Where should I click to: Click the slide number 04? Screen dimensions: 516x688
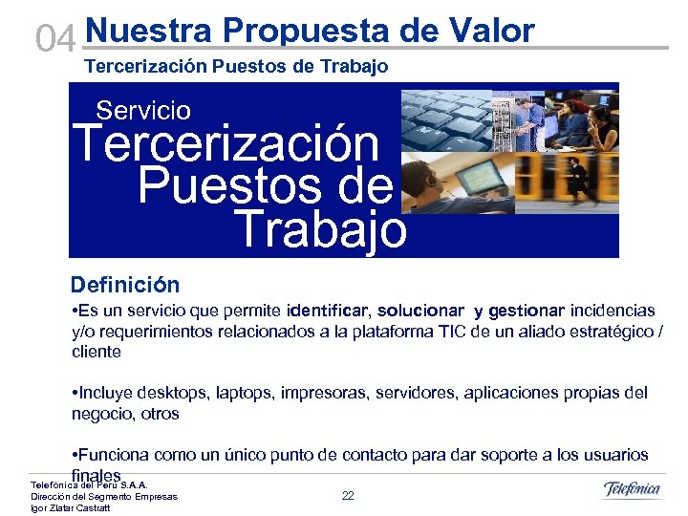click(x=54, y=39)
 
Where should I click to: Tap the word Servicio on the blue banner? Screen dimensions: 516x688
click(x=143, y=111)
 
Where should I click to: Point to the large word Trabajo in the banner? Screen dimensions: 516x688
click(x=320, y=230)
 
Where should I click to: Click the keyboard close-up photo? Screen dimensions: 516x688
click(x=445, y=118)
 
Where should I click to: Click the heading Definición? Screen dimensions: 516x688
click(x=125, y=285)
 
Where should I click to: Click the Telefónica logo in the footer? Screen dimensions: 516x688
click(x=632, y=490)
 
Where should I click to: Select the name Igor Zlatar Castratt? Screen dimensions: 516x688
click(x=71, y=508)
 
